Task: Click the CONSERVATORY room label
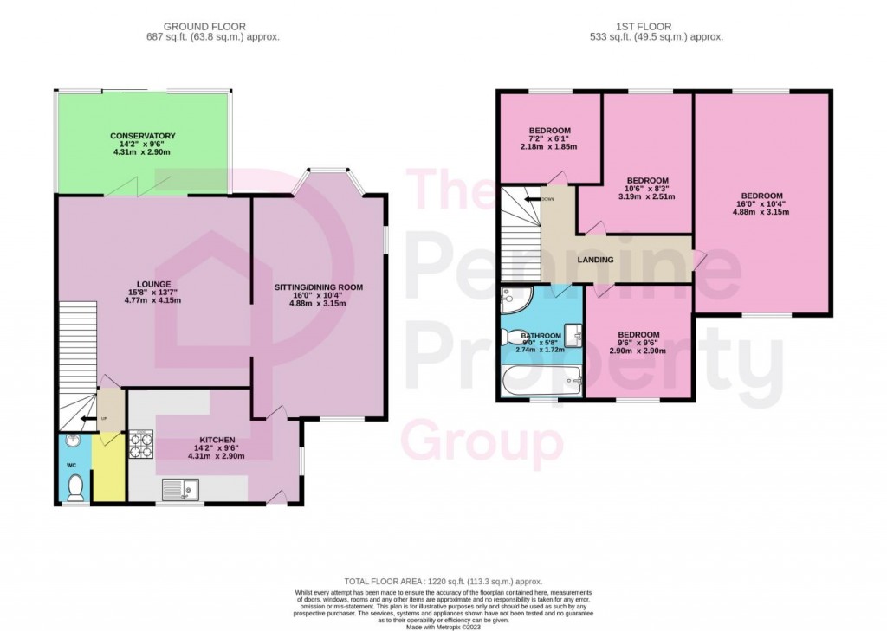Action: tap(142, 136)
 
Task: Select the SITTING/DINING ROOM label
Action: tap(318, 287)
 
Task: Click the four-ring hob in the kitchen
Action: tap(140, 445)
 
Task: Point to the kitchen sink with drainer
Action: tap(182, 490)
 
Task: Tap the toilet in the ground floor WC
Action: tap(74, 487)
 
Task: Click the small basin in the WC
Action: tap(72, 441)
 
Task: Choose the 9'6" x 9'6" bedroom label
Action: tap(638, 335)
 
